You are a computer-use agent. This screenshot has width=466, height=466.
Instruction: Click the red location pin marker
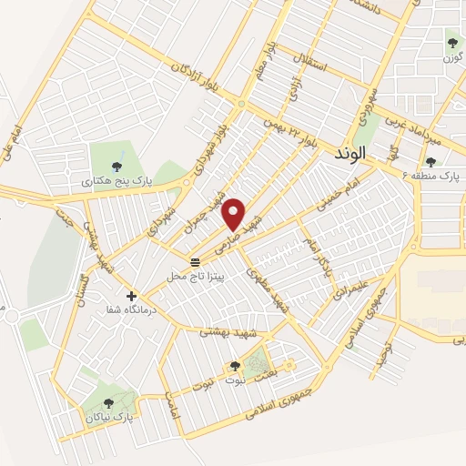(x=235, y=215)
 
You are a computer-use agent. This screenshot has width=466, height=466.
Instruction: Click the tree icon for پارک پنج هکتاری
(x=116, y=167)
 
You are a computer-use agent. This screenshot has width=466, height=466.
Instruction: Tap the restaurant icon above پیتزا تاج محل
(x=194, y=261)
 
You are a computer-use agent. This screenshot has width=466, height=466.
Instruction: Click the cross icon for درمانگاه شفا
(x=132, y=296)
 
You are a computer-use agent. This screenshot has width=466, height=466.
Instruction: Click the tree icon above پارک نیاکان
(x=108, y=402)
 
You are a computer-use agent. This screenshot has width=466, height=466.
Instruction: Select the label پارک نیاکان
(x=108, y=416)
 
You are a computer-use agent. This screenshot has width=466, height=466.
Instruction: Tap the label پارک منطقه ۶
(x=431, y=175)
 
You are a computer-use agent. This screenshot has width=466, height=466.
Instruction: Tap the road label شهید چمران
(x=217, y=192)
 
